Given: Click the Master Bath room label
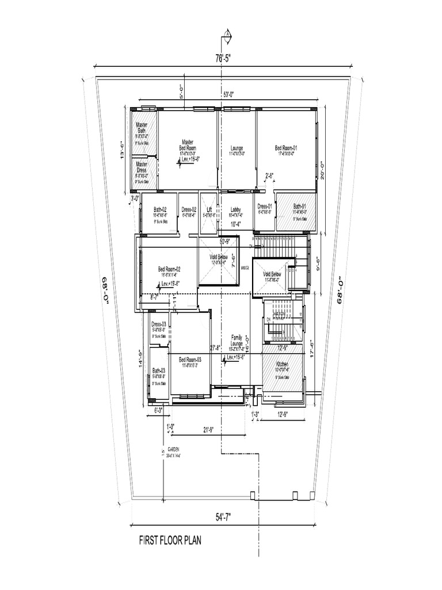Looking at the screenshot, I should (141, 128).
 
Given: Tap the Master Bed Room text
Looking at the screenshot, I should (188, 145).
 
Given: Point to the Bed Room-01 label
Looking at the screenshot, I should (286, 147).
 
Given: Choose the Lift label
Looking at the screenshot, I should (209, 210).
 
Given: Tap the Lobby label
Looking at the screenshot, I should (235, 210).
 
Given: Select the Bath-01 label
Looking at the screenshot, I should (300, 206).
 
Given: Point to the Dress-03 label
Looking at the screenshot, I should (159, 324).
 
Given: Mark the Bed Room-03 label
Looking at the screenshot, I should (189, 359).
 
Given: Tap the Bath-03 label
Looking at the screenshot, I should (159, 370).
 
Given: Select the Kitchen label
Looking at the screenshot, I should (282, 365).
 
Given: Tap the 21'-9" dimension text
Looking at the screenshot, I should (209, 430).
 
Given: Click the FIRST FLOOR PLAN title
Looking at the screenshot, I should (170, 540).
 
